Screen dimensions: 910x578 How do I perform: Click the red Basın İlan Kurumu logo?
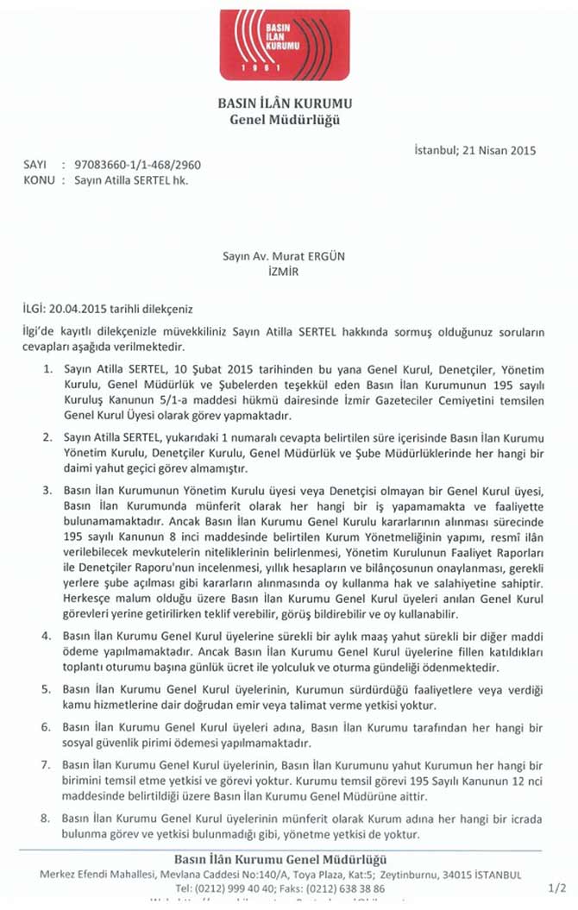coord(284,45)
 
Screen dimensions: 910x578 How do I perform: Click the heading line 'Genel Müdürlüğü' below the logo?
coord(284,120)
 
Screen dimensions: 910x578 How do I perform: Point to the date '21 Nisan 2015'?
coord(504,150)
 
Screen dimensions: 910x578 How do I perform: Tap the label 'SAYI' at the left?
coord(35,164)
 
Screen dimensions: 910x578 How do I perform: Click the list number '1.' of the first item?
coord(47,369)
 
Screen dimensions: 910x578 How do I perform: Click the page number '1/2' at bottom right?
coord(557,887)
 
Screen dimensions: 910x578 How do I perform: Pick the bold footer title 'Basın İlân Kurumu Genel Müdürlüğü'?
coord(280,859)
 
